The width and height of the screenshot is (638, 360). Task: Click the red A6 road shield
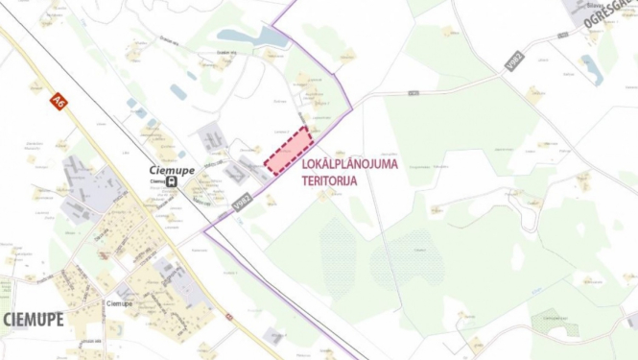pyautogui.click(x=59, y=99)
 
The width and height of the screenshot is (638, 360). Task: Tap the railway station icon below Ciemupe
pyautogui.click(x=171, y=181)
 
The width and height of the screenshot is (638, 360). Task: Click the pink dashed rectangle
pyautogui.click(x=290, y=151)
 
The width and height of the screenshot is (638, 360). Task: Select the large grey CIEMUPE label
pyautogui.click(x=33, y=320)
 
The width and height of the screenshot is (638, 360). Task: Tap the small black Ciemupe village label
pyautogui.click(x=119, y=303)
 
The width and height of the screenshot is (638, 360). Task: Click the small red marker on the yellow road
pyautogui.click(x=229, y=316)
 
